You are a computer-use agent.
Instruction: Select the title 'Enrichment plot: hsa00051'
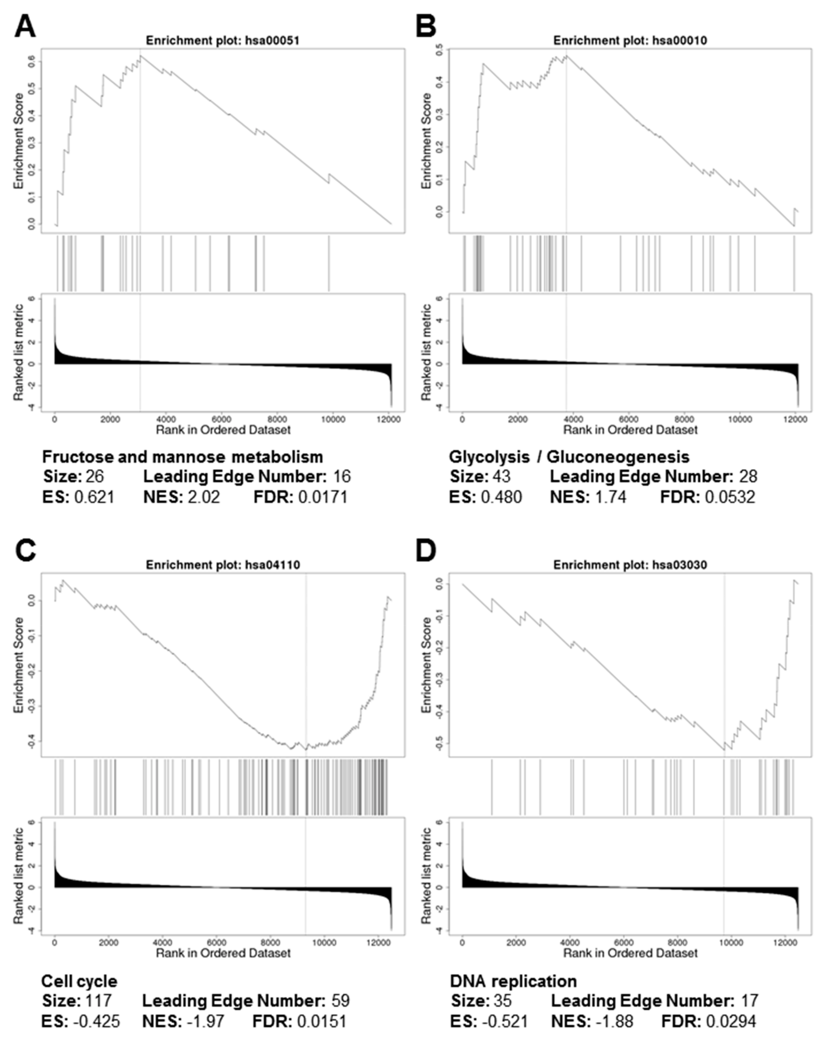pyautogui.click(x=223, y=41)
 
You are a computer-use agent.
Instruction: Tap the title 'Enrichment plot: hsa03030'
pyautogui.click(x=630, y=565)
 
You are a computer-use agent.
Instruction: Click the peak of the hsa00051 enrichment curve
pyautogui.click(x=140, y=56)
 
